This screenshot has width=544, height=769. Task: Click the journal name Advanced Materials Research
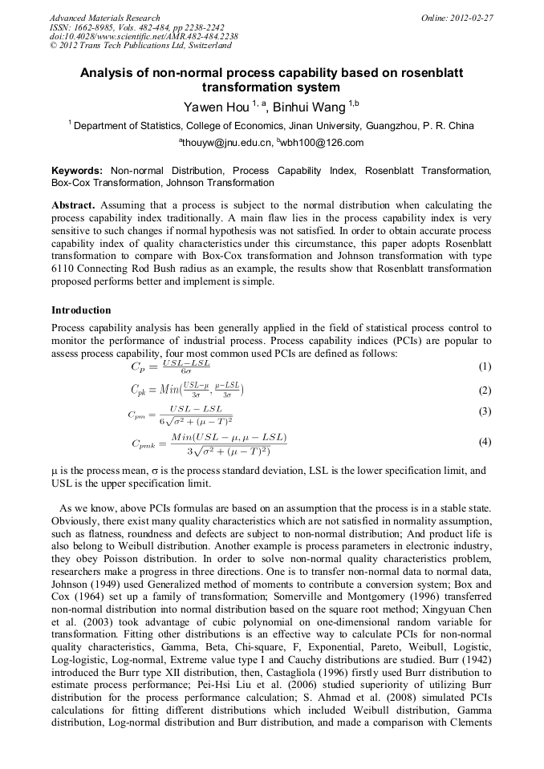(x=104, y=18)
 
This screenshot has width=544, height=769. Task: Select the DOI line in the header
(x=143, y=36)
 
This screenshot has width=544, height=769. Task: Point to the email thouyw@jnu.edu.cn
(x=227, y=144)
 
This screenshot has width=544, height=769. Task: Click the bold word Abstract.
(x=73, y=205)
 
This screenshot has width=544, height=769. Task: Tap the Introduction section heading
(x=81, y=310)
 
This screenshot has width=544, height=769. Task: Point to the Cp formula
(x=165, y=367)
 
